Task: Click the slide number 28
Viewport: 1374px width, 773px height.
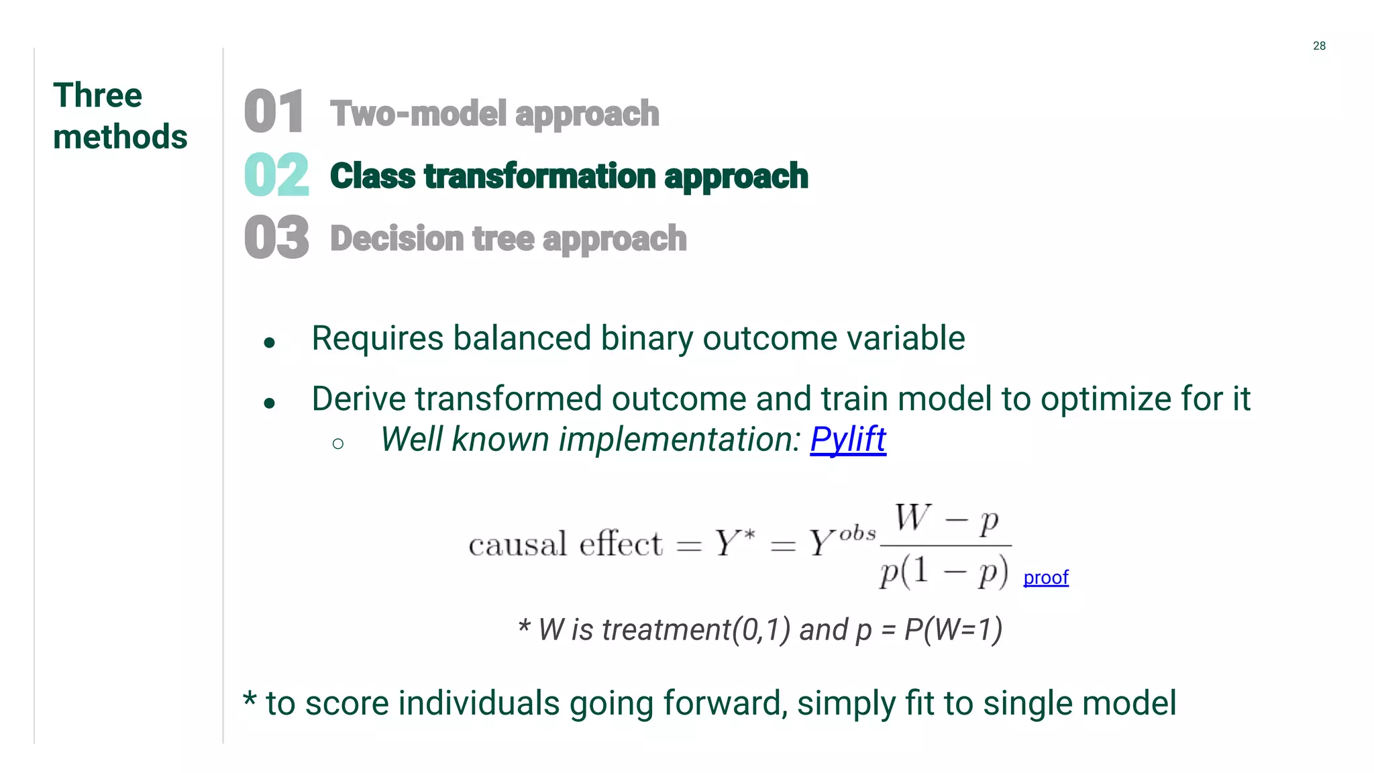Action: point(1319,46)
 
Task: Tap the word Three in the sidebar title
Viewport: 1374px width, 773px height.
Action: point(98,95)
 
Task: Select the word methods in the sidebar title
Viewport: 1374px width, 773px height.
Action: point(120,137)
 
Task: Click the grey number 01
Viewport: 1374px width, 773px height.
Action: point(274,112)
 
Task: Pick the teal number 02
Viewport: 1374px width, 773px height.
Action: point(276,175)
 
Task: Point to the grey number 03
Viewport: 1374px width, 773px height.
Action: point(276,238)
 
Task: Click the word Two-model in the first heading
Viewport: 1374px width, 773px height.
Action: point(419,113)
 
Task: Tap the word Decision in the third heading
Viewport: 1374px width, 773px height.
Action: point(397,238)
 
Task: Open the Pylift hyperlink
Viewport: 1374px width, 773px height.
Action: point(848,440)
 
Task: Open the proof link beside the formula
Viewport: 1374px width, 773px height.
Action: point(1045,577)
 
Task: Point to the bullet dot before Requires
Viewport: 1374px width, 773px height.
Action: point(270,343)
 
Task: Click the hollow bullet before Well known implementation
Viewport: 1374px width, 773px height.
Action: point(338,444)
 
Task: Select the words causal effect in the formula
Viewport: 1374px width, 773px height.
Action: point(566,544)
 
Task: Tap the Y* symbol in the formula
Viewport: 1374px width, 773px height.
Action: point(734,542)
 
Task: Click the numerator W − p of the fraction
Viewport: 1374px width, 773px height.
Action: point(946,519)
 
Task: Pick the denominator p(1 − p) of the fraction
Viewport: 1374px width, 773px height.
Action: point(944,572)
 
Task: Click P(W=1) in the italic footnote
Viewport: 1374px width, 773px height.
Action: point(953,629)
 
